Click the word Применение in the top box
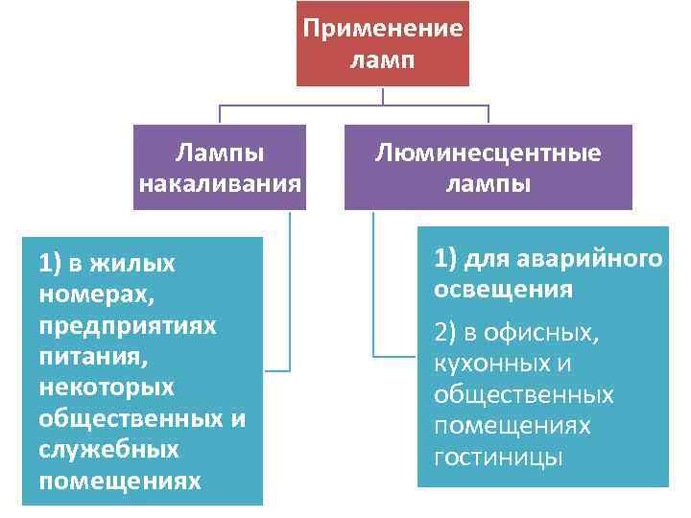[382, 27]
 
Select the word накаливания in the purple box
[221, 182]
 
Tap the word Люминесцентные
[488, 153]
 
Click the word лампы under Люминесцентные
[488, 182]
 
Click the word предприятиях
[128, 324]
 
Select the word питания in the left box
[92, 356]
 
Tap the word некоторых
[106, 387]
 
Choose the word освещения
[503, 289]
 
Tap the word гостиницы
[497, 458]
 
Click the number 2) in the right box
[445, 333]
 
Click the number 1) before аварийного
[445, 258]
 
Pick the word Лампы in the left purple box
[221, 153]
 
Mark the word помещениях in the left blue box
[120, 481]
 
